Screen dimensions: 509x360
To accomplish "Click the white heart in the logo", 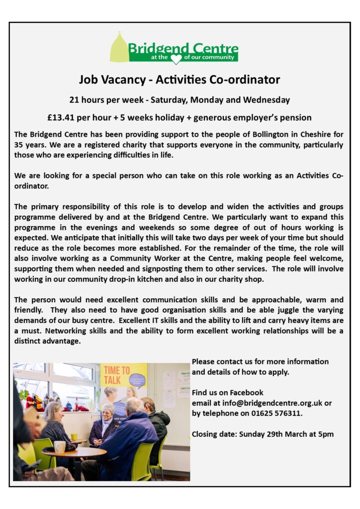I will (x=176, y=59).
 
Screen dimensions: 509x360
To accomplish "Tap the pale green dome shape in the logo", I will (x=119, y=48).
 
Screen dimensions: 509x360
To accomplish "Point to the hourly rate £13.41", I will (x=62, y=118).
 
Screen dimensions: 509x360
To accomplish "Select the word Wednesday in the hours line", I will (x=267, y=100).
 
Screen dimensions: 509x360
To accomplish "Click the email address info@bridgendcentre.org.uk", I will (x=270, y=403).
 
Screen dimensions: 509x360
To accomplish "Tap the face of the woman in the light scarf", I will (x=107, y=413).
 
